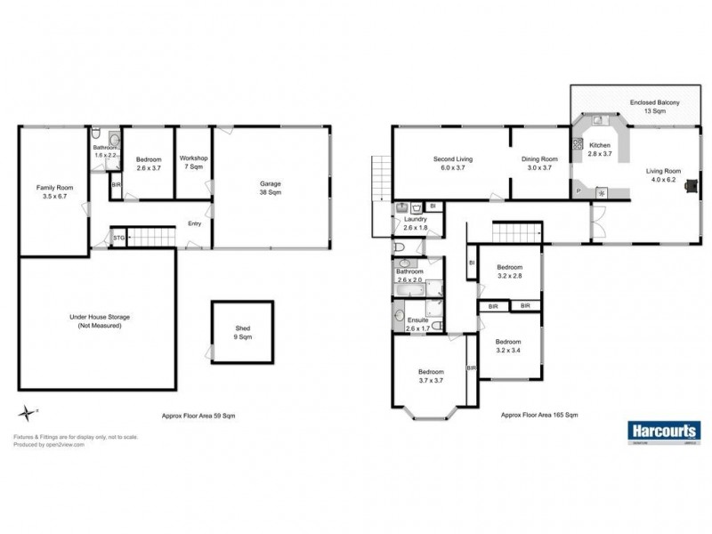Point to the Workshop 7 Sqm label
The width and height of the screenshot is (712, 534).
point(194,163)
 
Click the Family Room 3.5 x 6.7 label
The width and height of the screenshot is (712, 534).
point(52,192)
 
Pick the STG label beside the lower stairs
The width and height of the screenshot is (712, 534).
point(118,238)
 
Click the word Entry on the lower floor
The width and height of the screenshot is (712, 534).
point(194,224)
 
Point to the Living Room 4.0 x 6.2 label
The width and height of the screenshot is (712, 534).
point(663,175)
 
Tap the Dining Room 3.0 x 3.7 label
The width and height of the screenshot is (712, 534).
point(540,164)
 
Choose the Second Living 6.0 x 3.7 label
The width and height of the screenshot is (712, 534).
point(453,164)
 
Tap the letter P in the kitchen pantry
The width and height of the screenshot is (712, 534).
point(578,190)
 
